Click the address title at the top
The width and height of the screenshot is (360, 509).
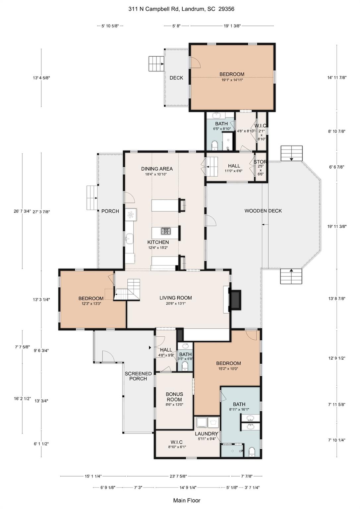(181, 9)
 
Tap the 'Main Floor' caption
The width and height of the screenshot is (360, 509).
(187, 500)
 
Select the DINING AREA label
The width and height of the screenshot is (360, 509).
(157, 169)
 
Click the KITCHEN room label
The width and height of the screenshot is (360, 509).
(158, 242)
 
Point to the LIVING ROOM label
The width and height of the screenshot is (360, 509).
(176, 298)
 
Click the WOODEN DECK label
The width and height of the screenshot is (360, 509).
(263, 211)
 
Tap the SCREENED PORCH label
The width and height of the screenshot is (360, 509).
(138, 376)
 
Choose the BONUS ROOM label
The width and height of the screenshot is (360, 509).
(174, 397)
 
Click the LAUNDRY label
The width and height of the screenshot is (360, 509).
(206, 434)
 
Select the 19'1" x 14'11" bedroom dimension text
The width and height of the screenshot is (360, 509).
(232, 80)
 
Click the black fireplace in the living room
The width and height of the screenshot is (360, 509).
(236, 300)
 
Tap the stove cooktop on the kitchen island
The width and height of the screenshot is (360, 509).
(166, 231)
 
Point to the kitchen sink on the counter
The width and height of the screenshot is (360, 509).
(129, 238)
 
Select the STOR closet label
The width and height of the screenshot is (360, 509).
(260, 162)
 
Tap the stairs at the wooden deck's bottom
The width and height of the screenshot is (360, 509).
(291, 276)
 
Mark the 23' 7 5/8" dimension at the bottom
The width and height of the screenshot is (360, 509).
(178, 476)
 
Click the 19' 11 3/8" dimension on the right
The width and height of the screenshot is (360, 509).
(337, 227)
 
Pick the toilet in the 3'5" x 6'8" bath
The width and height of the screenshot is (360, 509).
(185, 366)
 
